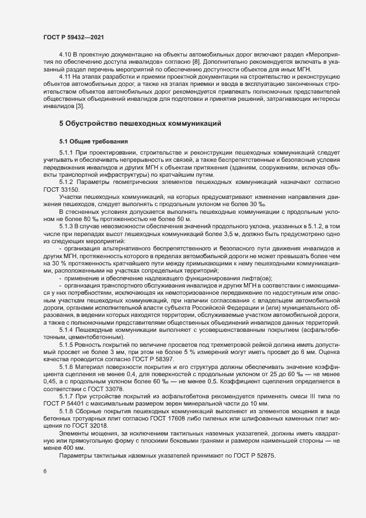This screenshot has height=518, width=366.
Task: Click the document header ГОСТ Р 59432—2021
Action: click(x=72, y=37)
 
